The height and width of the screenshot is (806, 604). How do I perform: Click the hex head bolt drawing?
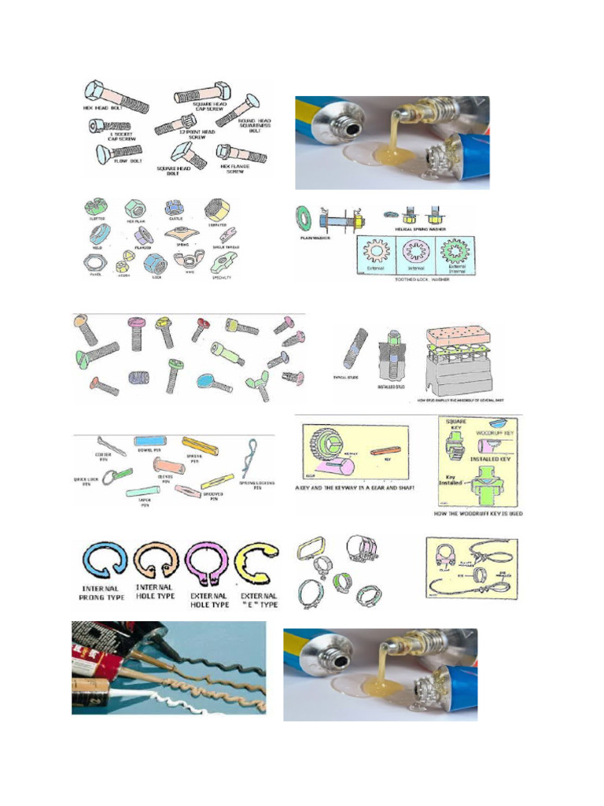click(118, 97)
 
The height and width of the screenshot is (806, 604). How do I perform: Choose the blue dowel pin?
click(149, 442)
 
